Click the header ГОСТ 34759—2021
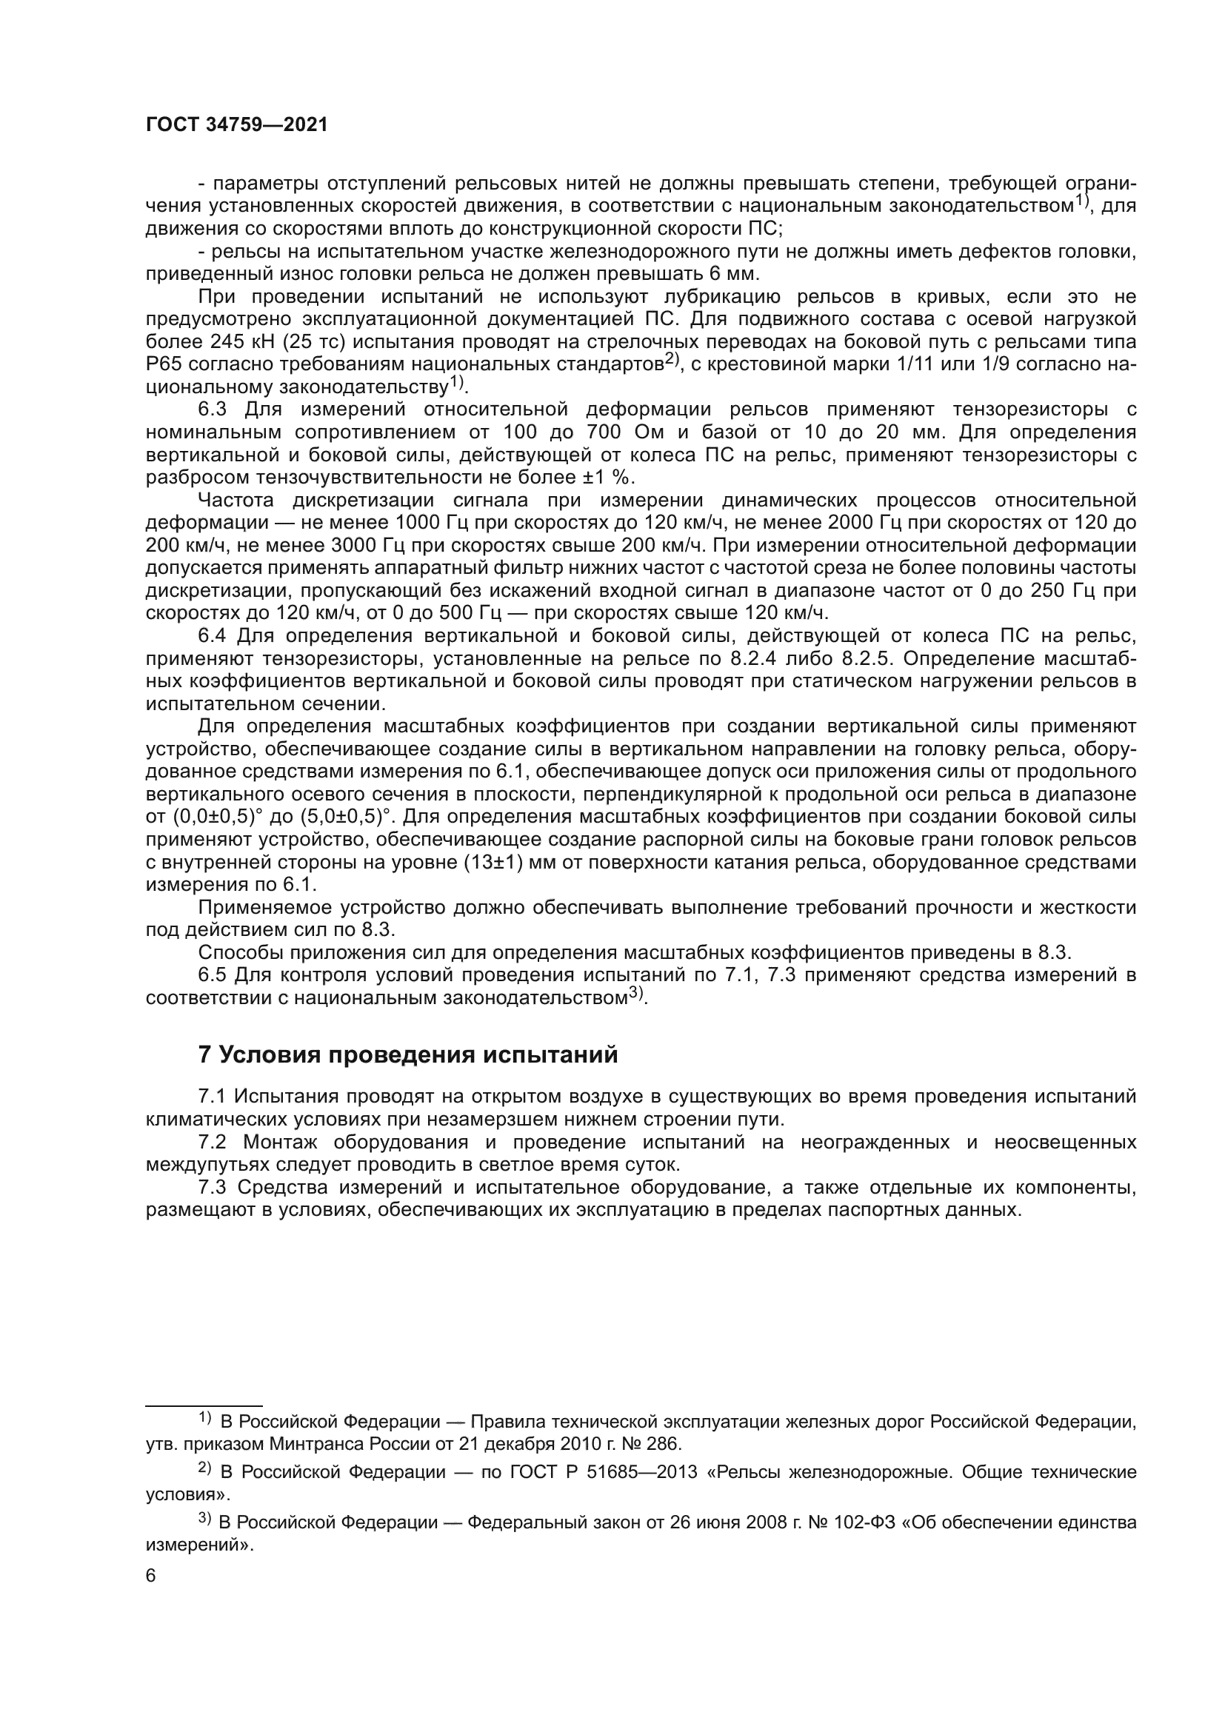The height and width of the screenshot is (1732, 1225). [x=237, y=125]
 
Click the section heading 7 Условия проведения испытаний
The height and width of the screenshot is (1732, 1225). [x=407, y=1054]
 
